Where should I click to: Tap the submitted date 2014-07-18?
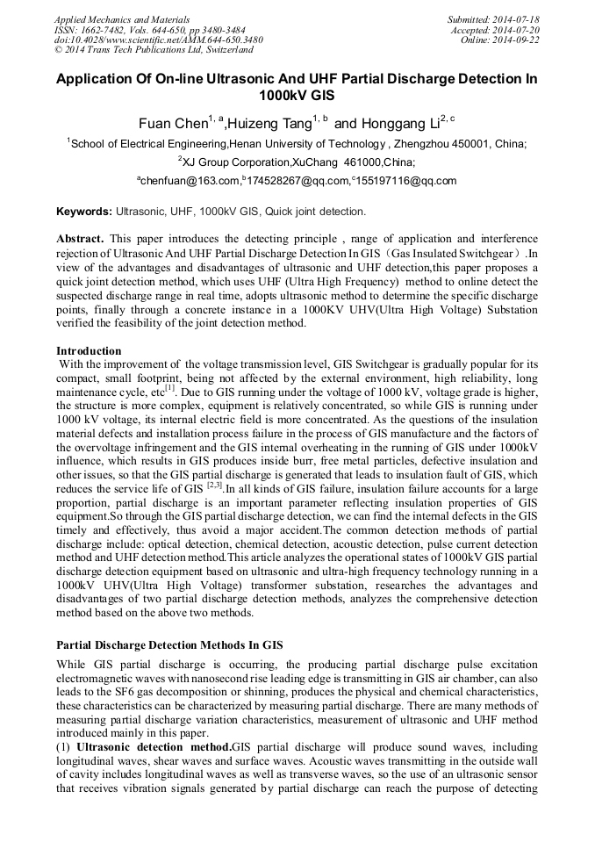pos(517,18)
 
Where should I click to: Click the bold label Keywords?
pos(84,212)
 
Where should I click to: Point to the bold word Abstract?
pos(81,239)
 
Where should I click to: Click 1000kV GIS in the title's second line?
pos(297,96)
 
